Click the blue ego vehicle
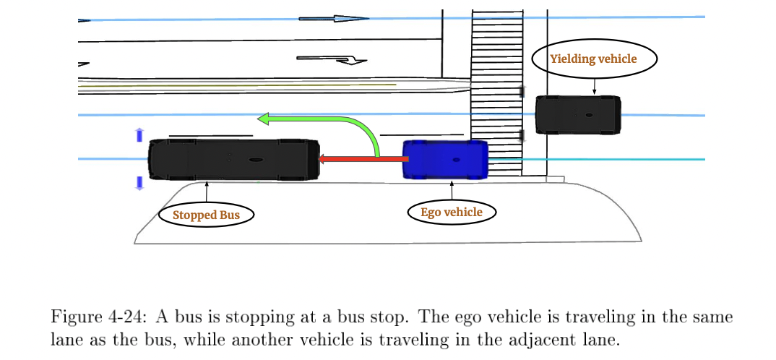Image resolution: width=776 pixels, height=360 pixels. pos(444,159)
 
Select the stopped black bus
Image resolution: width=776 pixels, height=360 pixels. pos(233,159)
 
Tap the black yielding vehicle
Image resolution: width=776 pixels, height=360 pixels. pos(577,115)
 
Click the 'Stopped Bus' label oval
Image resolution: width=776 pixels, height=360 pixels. pos(206,215)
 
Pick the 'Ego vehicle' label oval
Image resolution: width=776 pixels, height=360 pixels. pos(452,212)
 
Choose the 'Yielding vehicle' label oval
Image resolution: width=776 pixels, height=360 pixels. pos(594,59)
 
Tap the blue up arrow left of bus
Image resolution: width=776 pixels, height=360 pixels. pos(139,134)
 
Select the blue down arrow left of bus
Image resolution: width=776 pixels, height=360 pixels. pos(139,183)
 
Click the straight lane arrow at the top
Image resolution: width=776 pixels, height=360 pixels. pos(334,18)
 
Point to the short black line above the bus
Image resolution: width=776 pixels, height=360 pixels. pos(210,135)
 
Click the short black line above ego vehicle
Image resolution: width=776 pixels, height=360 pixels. pos(421,134)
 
